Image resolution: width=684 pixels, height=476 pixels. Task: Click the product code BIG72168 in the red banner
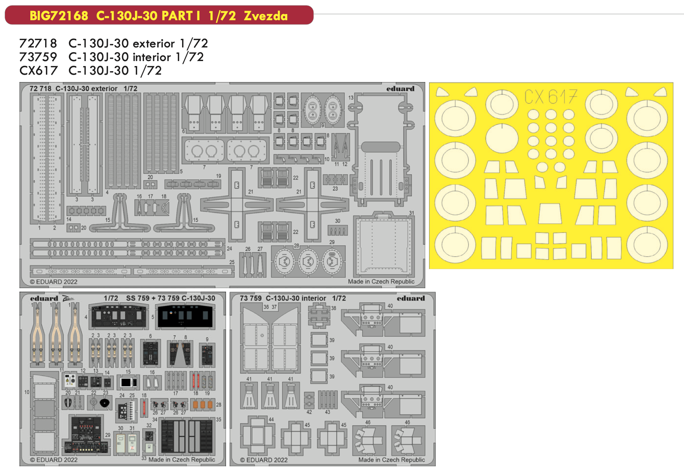(59, 16)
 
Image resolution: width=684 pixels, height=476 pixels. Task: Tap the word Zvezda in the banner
(266, 16)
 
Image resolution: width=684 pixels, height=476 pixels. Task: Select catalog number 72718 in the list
(38, 43)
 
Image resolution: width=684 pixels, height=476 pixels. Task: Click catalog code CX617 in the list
(38, 70)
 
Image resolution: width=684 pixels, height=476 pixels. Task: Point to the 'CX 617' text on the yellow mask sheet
(551, 96)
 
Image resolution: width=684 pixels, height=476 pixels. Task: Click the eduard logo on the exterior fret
(400, 89)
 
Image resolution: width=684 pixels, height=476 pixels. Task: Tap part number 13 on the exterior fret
(351, 98)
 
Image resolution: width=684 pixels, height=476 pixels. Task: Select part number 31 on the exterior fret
(411, 213)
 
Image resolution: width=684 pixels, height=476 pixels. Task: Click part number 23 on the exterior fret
(335, 189)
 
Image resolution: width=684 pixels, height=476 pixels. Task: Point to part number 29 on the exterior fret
(332, 242)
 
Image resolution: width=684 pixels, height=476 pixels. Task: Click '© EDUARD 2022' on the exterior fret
(54, 282)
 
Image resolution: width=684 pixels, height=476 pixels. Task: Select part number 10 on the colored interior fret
(27, 392)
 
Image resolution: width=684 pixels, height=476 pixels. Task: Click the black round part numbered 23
(104, 403)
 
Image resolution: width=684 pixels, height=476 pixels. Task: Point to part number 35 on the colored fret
(219, 420)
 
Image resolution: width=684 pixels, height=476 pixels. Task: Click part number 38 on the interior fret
(333, 308)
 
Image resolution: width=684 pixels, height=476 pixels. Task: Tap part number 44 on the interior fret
(271, 420)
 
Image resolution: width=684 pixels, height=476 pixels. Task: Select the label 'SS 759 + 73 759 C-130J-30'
(170, 298)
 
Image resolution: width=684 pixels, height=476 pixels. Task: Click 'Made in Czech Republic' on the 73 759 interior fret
(391, 460)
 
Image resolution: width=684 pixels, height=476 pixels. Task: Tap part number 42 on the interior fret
(309, 412)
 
